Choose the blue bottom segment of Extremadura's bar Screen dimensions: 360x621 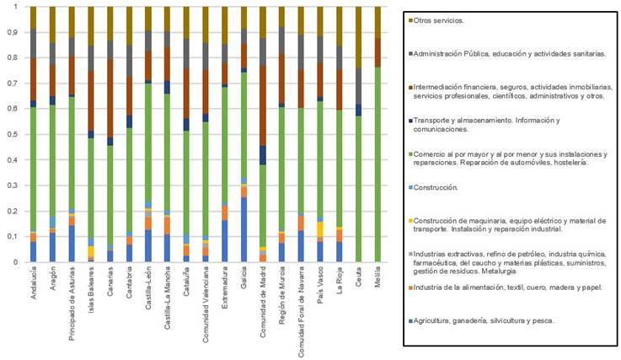[224, 241]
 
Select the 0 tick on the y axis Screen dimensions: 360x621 [16, 262]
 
